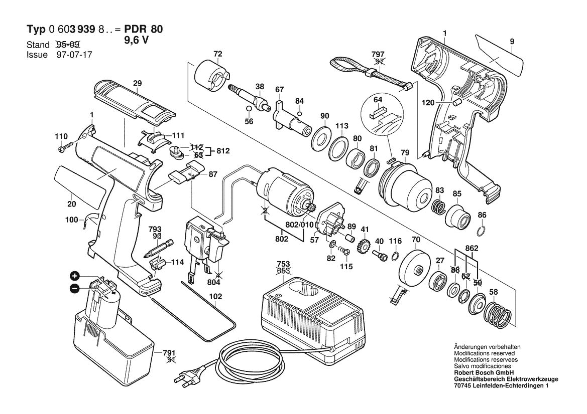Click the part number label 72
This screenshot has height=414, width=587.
(x=217, y=54)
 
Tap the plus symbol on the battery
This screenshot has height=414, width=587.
(x=74, y=276)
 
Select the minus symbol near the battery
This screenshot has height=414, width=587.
(x=74, y=288)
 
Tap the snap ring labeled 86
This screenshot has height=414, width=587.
(x=481, y=231)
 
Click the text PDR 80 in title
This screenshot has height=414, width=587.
(x=142, y=30)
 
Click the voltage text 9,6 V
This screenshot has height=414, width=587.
(x=136, y=42)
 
